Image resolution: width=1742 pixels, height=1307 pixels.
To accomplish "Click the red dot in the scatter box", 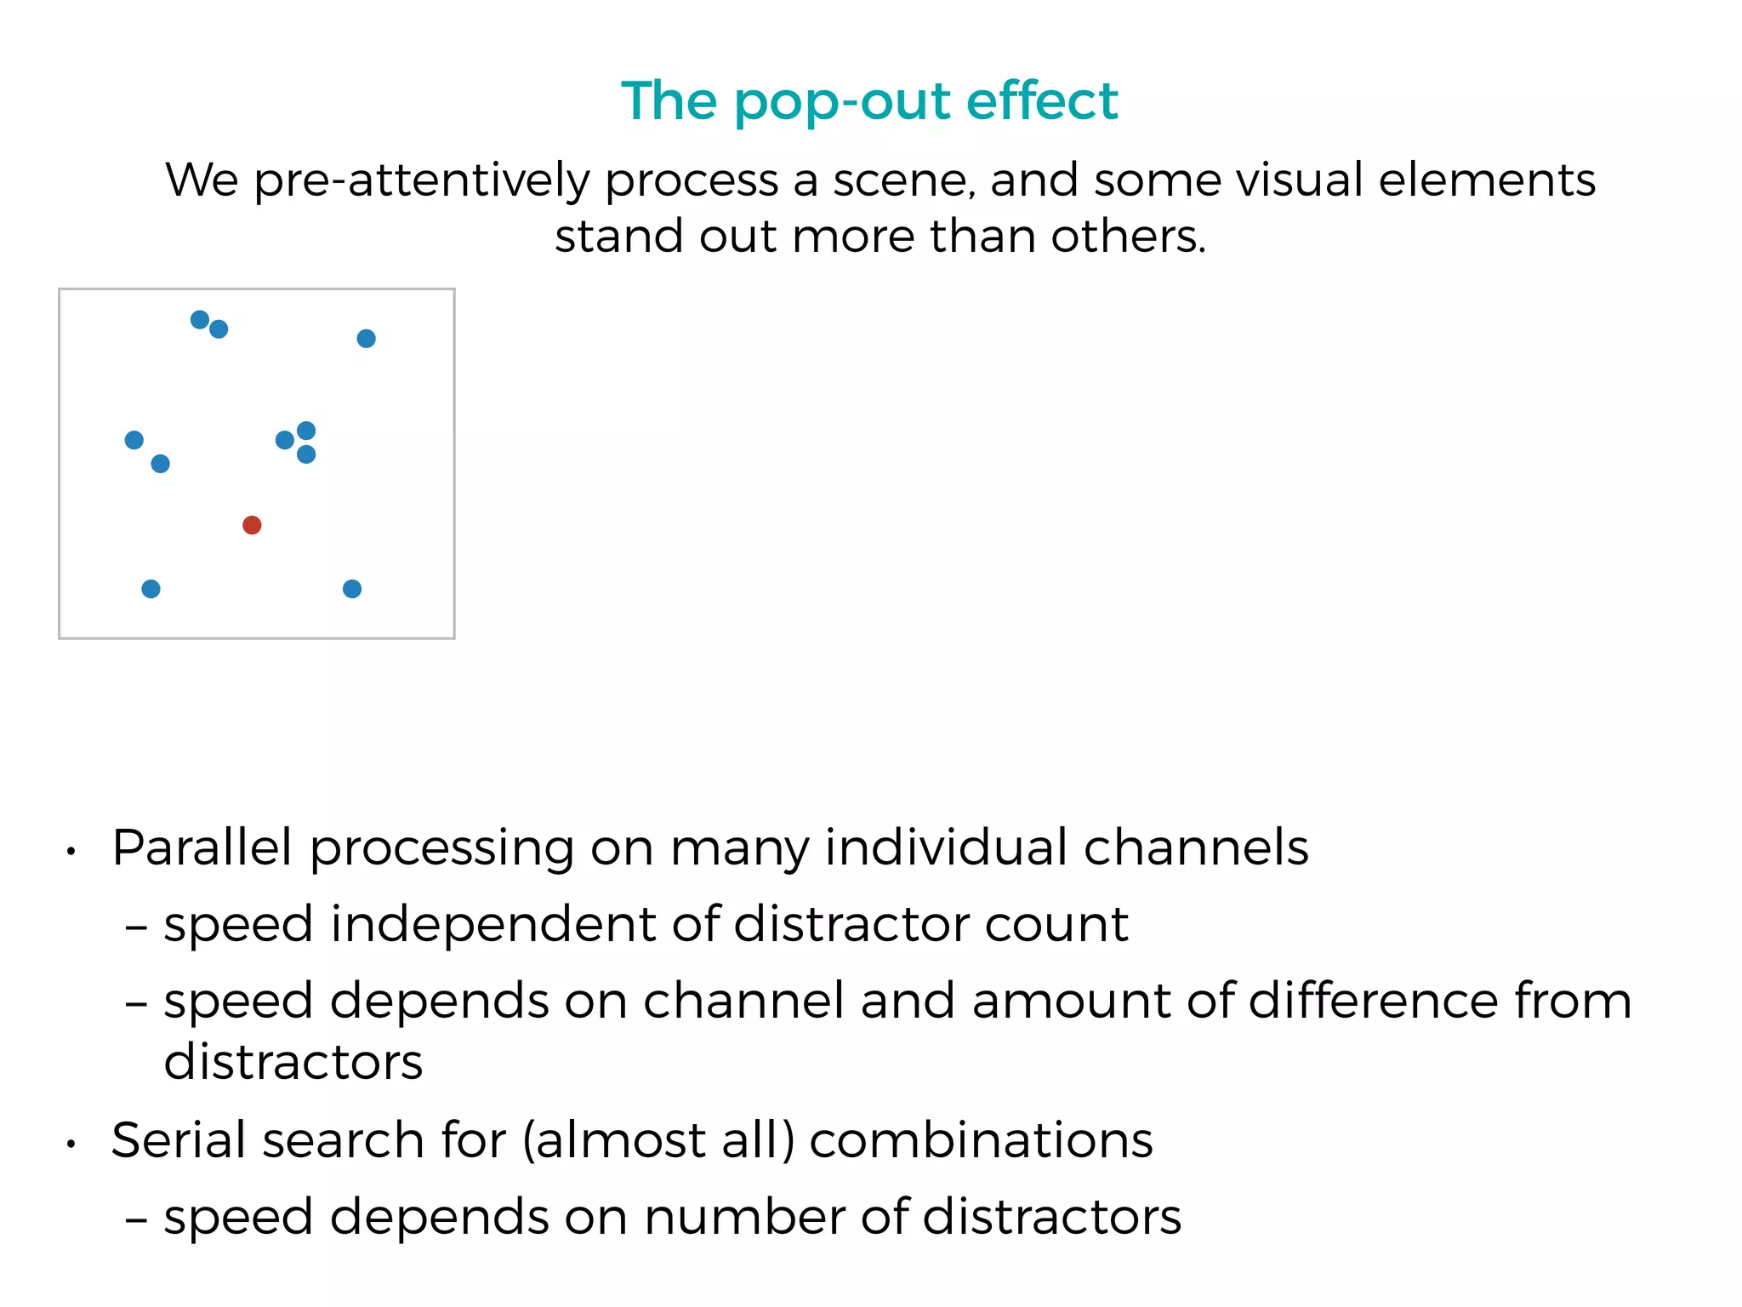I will coord(252,525).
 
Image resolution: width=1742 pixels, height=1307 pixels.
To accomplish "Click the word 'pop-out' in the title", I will coord(843,102).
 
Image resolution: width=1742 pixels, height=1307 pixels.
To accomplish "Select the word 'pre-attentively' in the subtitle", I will coord(422,181).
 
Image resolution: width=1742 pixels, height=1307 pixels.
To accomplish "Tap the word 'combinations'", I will coord(981,1140).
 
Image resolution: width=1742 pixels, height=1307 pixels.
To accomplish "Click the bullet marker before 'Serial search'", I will coord(72,1144).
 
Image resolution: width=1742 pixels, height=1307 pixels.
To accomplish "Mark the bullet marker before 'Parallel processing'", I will coord(72,851).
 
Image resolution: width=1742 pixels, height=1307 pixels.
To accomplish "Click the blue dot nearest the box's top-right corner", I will coord(366,339).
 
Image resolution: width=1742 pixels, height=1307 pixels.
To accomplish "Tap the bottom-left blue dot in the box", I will coord(151,589).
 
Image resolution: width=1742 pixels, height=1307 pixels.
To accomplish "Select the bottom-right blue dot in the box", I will coord(352,589).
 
